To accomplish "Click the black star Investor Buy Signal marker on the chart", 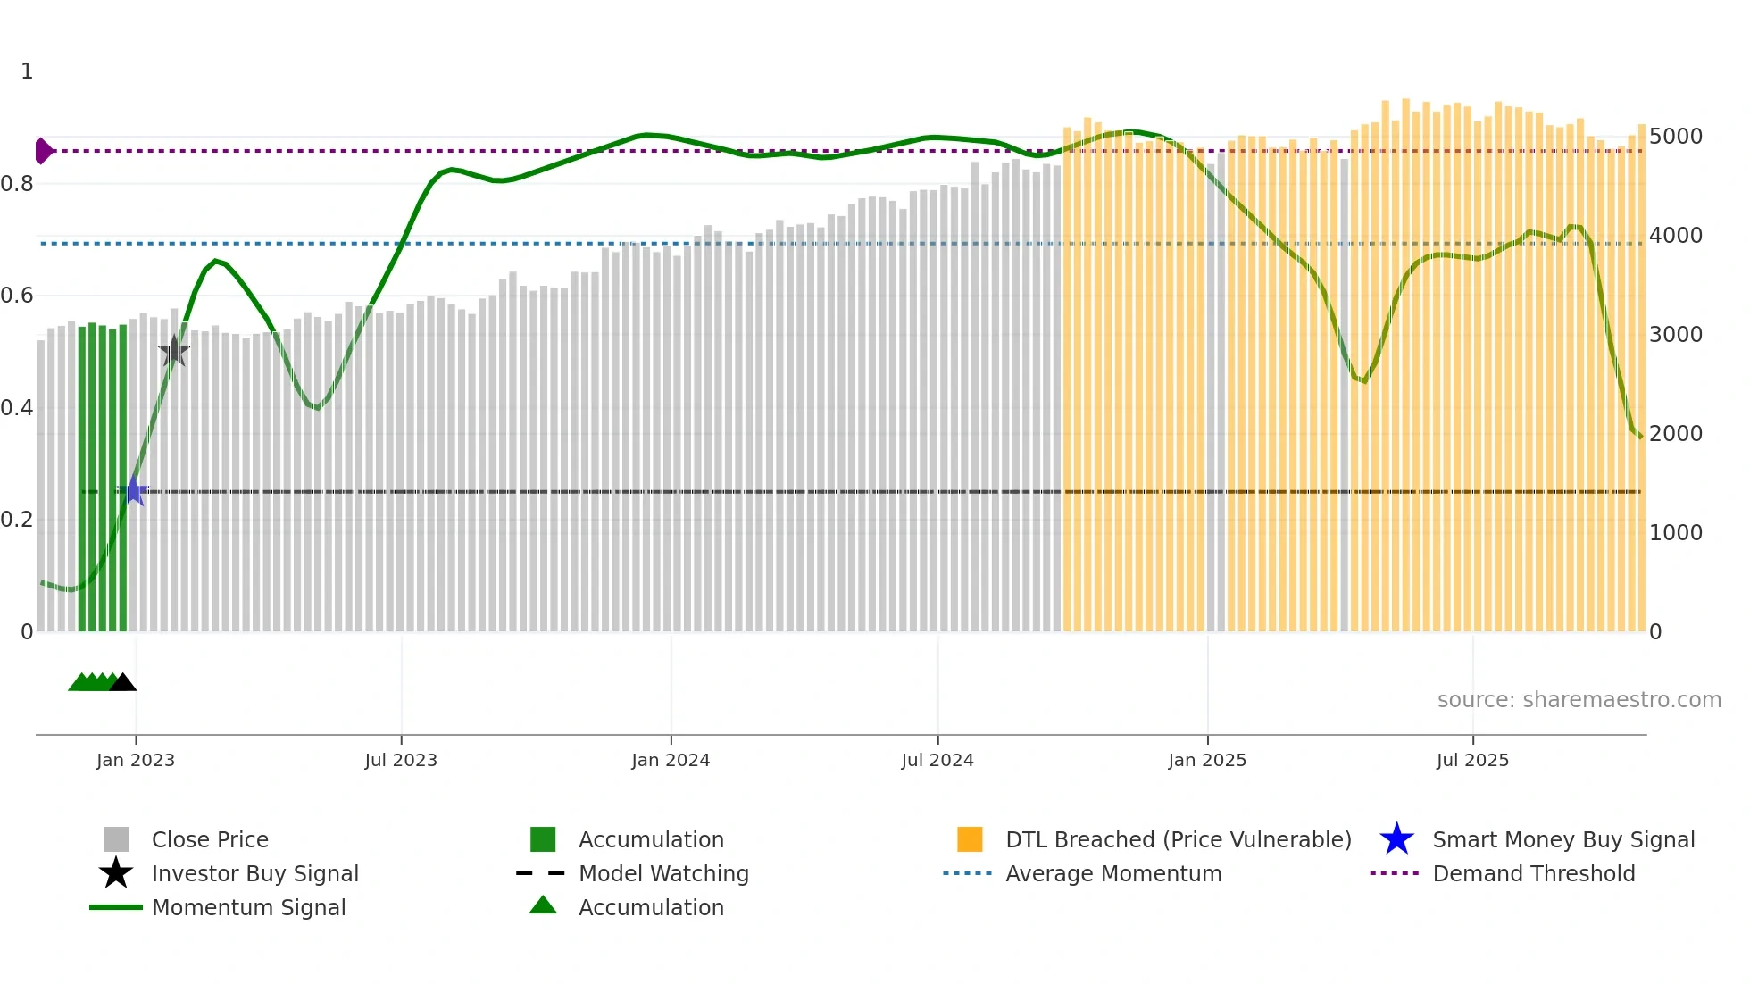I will click(x=174, y=351).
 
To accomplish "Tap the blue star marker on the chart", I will click(x=133, y=490).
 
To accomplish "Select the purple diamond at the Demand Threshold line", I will click(x=43, y=151).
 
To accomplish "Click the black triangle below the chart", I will click(x=123, y=683).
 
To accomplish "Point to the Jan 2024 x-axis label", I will click(x=671, y=760).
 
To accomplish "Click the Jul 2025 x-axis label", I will click(x=1472, y=760).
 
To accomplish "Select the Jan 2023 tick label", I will click(x=136, y=760).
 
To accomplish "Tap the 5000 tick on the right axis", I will click(x=1675, y=137).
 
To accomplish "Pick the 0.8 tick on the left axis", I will click(x=17, y=184).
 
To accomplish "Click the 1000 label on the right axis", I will click(x=1675, y=533).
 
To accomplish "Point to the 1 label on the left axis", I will click(x=27, y=71).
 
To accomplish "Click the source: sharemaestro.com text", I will click(x=1579, y=699).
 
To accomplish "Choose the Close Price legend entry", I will click(x=210, y=839).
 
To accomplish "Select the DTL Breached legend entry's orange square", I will click(x=970, y=839).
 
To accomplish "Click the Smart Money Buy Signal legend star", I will click(x=1396, y=839).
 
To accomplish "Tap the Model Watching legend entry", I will click(x=663, y=873).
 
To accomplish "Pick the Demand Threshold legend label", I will click(x=1533, y=873).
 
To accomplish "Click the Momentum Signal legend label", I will click(x=248, y=907).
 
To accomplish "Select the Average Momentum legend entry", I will click(x=1112, y=873).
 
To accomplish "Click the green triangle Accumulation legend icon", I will click(x=543, y=905).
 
